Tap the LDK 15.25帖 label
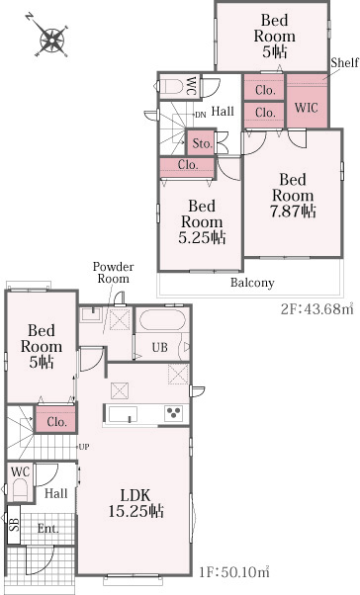point(135,503)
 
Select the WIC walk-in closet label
point(306,108)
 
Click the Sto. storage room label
point(202,143)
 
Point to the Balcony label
point(252,283)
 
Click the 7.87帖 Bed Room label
point(293,196)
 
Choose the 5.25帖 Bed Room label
point(202,222)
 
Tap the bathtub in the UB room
point(162,320)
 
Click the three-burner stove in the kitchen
point(173,413)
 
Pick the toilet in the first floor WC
point(20,490)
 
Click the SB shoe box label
point(15,525)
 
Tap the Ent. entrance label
point(47,529)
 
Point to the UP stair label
point(84,447)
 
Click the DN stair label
point(201,115)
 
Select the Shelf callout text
point(345,62)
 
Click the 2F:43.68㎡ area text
point(316,309)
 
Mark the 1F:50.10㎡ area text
point(234,571)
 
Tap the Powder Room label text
point(113,273)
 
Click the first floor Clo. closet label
point(56,422)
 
